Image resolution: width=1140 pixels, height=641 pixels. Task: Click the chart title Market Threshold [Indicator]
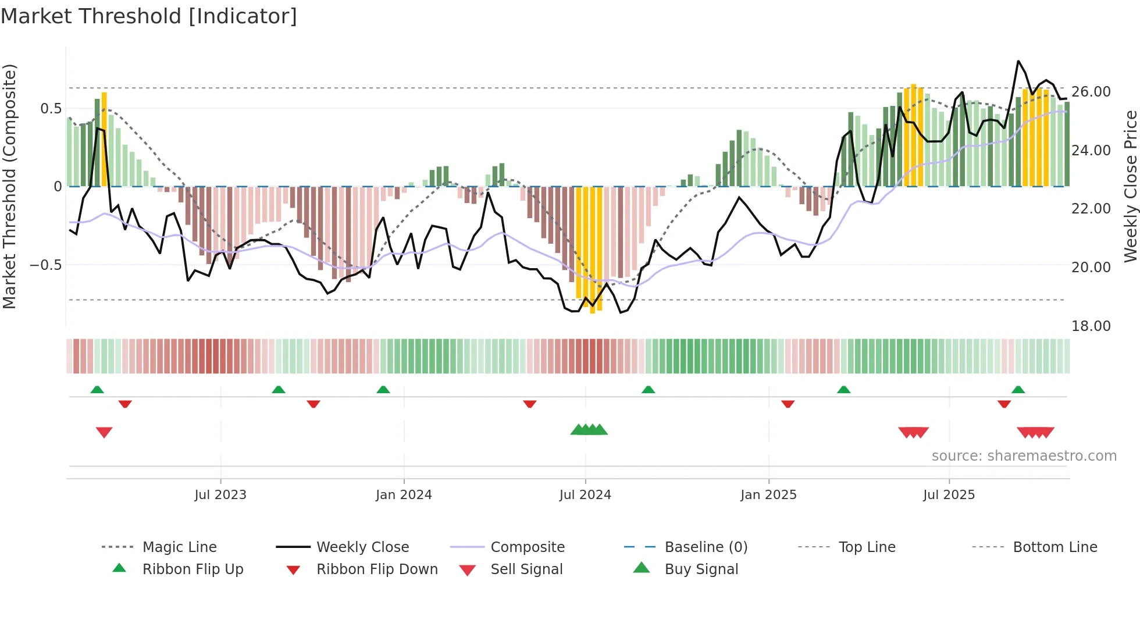(149, 16)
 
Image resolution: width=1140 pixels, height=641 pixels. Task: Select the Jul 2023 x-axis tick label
(220, 495)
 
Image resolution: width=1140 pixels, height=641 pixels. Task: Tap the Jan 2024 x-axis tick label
(404, 495)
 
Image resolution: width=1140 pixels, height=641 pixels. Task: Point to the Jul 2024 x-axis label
(585, 495)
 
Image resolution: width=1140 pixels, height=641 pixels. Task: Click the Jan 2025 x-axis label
(768, 495)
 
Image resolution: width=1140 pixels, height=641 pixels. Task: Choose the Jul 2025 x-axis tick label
(949, 495)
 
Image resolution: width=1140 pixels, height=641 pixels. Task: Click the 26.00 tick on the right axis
(1091, 92)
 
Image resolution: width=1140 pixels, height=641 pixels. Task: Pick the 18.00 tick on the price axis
(1091, 326)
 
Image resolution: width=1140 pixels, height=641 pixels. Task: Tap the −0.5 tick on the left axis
(46, 265)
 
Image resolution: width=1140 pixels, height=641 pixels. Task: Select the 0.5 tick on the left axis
(51, 109)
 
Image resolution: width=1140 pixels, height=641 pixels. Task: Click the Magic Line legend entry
(179, 547)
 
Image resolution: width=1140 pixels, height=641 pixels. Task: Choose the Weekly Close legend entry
(362, 547)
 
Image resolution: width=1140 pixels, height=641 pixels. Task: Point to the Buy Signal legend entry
(701, 569)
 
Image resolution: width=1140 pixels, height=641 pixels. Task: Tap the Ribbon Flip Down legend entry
(376, 569)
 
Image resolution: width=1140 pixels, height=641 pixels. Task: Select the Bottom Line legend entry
(1054, 547)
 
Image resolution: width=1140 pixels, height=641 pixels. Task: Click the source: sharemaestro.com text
(1024, 456)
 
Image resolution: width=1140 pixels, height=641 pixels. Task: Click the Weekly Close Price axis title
(1130, 186)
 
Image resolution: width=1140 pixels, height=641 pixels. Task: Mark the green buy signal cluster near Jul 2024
(589, 430)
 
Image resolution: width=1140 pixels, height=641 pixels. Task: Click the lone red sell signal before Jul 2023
(104, 432)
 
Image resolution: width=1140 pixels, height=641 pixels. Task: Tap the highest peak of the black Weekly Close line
(1018, 61)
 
